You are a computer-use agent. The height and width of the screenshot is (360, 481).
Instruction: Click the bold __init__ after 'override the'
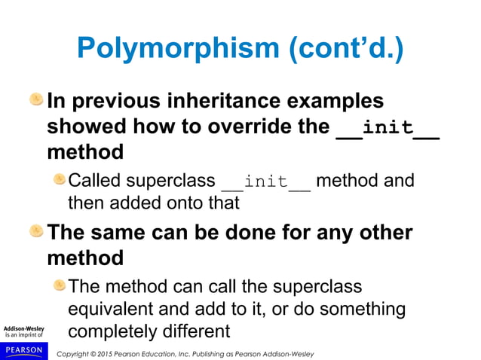click(x=388, y=127)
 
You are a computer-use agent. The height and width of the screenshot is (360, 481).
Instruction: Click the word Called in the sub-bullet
click(x=95, y=182)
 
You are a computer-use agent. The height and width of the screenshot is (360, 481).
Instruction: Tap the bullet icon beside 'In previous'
click(x=36, y=99)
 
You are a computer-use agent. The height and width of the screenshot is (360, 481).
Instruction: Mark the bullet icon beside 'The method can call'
click(x=59, y=286)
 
